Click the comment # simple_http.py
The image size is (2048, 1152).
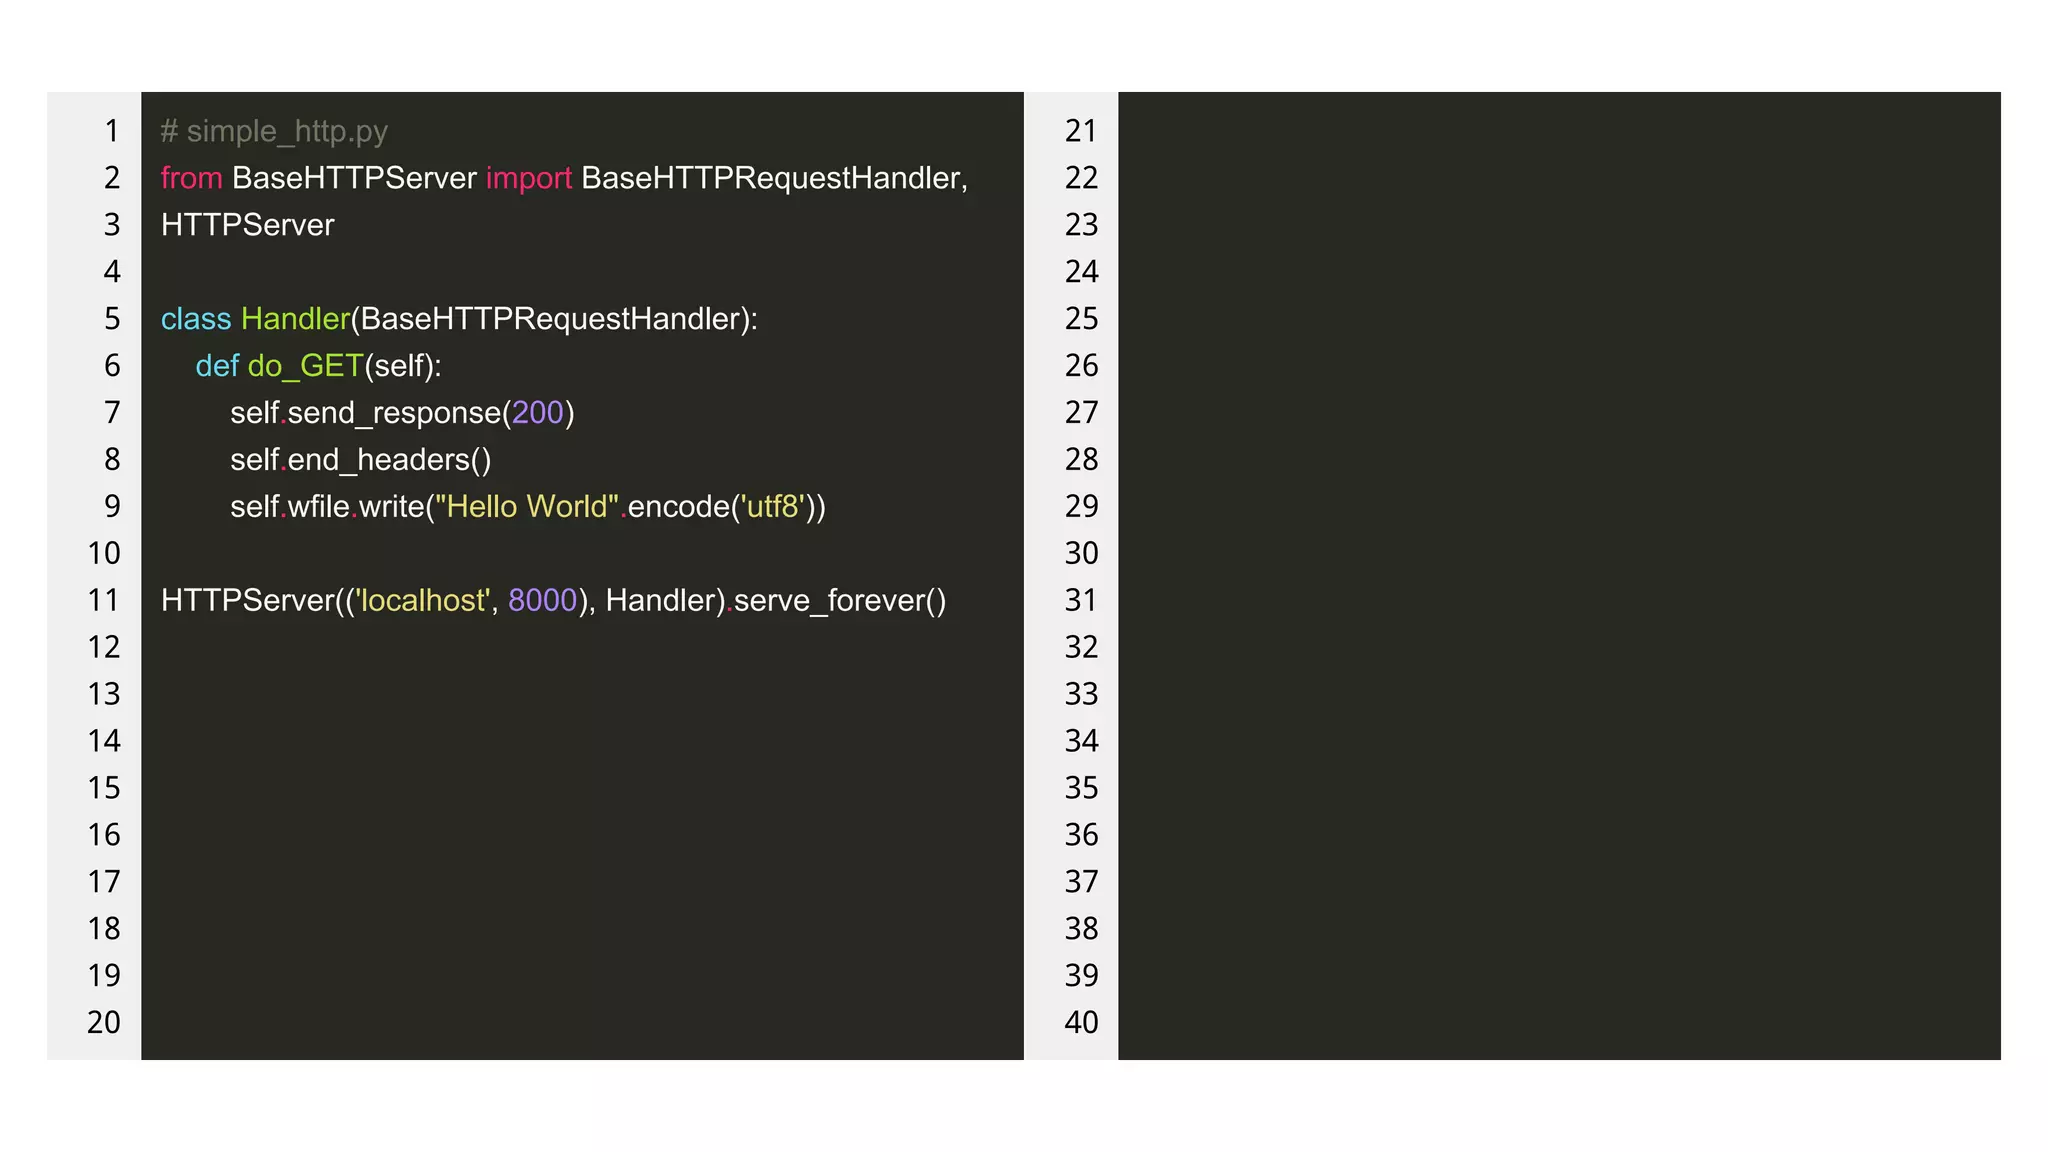[x=274, y=131]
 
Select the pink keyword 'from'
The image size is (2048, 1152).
[x=191, y=178]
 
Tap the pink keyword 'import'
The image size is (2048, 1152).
[x=528, y=178]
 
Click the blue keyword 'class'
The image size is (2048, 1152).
[x=196, y=319]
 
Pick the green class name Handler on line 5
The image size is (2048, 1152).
[x=295, y=319]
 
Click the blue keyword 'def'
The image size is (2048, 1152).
[x=217, y=366]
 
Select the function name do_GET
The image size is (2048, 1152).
[x=305, y=366]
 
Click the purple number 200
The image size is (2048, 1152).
[x=538, y=413]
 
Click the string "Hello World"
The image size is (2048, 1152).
[x=527, y=507]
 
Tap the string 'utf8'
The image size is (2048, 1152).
[x=772, y=507]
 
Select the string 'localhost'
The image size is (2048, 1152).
[x=421, y=601]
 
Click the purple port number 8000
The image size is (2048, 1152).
[x=543, y=601]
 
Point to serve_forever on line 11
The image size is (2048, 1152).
[x=829, y=601]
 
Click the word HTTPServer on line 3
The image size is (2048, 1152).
[x=248, y=225]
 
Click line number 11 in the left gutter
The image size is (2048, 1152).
[x=104, y=601]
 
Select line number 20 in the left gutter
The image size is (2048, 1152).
[x=104, y=1023]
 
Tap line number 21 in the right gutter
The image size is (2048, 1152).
[x=1081, y=131]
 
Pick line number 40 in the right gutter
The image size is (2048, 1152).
[x=1081, y=1023]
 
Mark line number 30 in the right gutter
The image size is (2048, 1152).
[x=1081, y=554]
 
